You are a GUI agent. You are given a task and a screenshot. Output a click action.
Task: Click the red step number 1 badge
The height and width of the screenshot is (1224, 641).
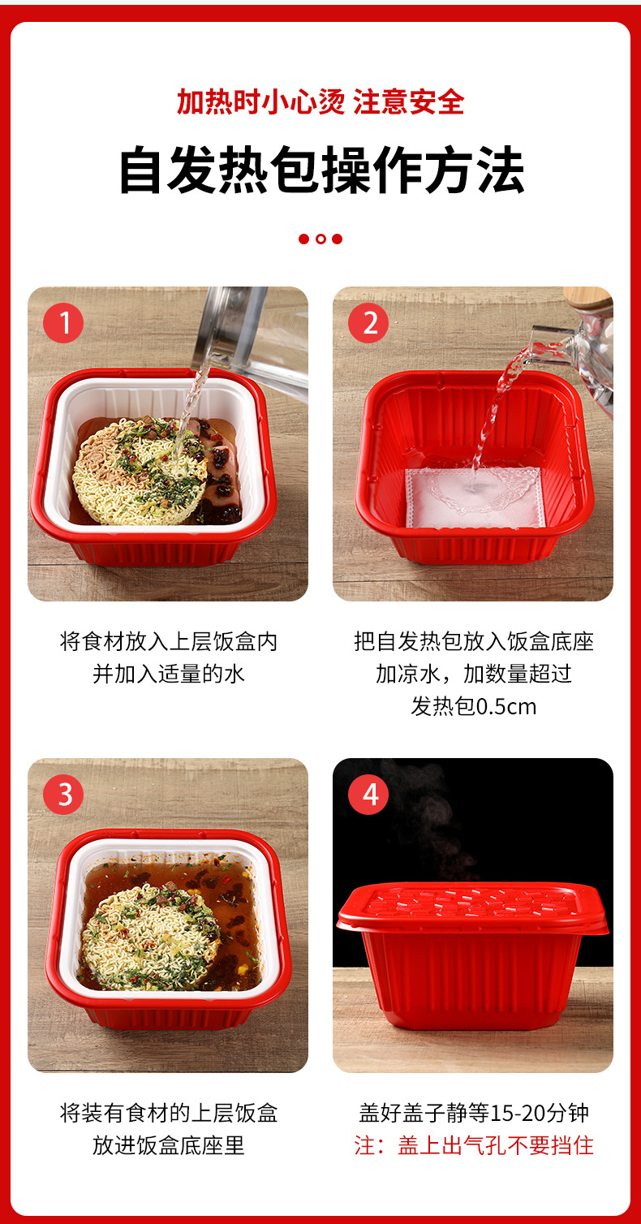pyautogui.click(x=63, y=323)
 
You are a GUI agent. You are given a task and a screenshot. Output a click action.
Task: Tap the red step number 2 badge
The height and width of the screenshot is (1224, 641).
pyautogui.click(x=369, y=323)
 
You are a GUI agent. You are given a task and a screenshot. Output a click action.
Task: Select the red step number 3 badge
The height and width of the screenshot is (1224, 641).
pyautogui.click(x=63, y=794)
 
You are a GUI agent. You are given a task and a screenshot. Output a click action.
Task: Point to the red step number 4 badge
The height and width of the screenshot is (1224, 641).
pyautogui.click(x=369, y=794)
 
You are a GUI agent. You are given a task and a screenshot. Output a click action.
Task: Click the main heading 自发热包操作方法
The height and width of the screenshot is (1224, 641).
pyautogui.click(x=320, y=170)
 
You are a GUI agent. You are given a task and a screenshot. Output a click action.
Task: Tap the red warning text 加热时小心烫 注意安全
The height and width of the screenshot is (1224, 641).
pyautogui.click(x=320, y=102)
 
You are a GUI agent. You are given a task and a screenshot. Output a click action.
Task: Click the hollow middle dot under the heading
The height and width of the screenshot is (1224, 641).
pyautogui.click(x=320, y=239)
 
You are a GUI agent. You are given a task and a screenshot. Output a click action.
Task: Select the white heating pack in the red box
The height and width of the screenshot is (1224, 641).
pyautogui.click(x=473, y=496)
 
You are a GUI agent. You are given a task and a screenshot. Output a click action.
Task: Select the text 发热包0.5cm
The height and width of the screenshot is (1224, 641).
pyautogui.click(x=473, y=706)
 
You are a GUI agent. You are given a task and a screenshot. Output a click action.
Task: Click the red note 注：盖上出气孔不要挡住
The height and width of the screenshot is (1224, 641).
pyautogui.click(x=473, y=1145)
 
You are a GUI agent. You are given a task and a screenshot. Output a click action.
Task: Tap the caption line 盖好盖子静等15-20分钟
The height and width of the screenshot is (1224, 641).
pyautogui.click(x=473, y=1112)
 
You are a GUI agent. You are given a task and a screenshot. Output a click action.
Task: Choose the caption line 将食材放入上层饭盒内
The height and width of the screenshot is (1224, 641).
pyautogui.click(x=168, y=641)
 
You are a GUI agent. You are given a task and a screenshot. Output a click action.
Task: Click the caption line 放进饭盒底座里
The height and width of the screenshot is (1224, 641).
pyautogui.click(x=168, y=1145)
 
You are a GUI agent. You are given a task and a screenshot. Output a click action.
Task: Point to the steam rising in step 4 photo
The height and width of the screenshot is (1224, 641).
pyautogui.click(x=422, y=820)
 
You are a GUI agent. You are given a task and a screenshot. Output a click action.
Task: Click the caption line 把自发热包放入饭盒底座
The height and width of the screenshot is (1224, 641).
pyautogui.click(x=473, y=641)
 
